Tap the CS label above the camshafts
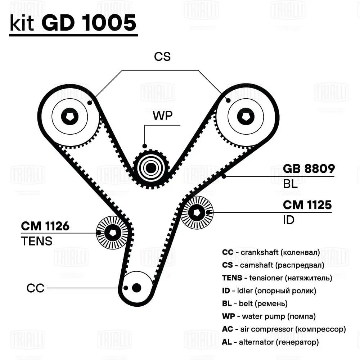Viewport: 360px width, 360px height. [x=162, y=57]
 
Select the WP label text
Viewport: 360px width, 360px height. [x=163, y=116]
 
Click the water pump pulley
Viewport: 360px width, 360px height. [x=151, y=168]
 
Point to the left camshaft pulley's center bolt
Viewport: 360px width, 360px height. [x=69, y=116]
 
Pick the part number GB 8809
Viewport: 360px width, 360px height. [x=309, y=168]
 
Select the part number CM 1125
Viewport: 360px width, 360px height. [x=307, y=205]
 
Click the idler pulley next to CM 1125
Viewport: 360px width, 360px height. [x=197, y=212]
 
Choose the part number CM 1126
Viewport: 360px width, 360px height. [x=45, y=226]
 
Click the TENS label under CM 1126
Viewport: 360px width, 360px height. [x=36, y=241]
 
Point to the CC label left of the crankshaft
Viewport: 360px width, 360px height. [x=35, y=288]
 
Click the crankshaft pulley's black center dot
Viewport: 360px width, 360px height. [x=136, y=288]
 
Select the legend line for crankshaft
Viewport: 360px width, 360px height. [x=271, y=252]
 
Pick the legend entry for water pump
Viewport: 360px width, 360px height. [x=269, y=316]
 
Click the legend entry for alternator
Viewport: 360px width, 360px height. [x=270, y=342]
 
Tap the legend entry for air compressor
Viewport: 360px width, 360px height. [x=284, y=329]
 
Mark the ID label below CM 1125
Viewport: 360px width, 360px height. [x=289, y=220]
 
